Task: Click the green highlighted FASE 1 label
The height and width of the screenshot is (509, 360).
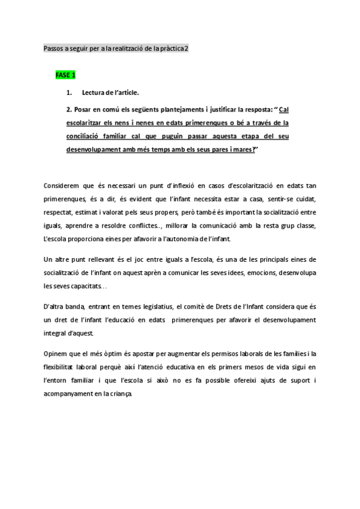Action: click(65, 75)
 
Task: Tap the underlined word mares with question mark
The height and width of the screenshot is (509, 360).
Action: click(244, 150)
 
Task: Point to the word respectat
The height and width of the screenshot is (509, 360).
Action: click(62, 212)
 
